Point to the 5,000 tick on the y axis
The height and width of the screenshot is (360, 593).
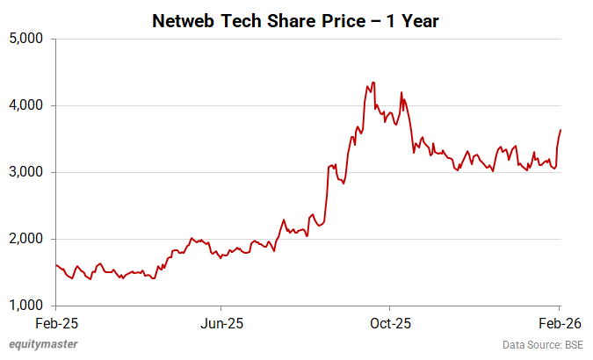(x=29, y=39)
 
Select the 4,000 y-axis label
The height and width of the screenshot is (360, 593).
(x=29, y=105)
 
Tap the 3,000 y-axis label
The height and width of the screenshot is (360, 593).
(x=29, y=172)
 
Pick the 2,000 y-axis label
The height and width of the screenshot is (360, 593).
(x=29, y=239)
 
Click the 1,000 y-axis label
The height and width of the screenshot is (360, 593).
(x=29, y=306)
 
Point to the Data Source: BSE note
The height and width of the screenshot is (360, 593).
(x=542, y=344)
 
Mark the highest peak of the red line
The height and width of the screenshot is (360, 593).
(x=373, y=83)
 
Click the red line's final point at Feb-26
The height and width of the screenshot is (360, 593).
(x=560, y=130)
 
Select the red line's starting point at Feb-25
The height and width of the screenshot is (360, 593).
(x=55, y=264)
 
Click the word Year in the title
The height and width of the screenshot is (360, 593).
(x=418, y=19)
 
